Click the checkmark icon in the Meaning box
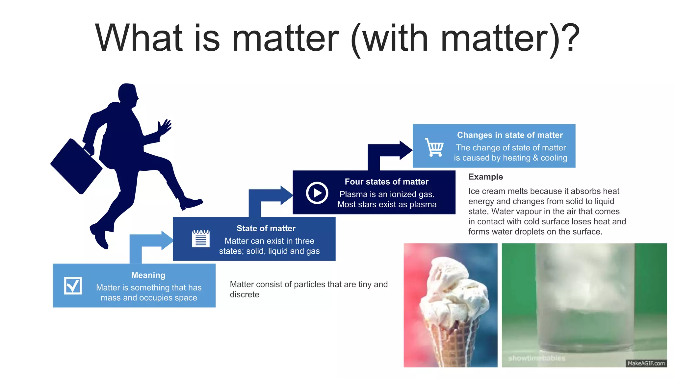pos(73,286)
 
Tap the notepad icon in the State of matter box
pos(201,239)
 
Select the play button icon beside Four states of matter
pos(317,193)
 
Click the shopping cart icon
pos(434,147)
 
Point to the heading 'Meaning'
pos(148,275)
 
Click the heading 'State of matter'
pos(266,228)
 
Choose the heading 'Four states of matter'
pos(386,182)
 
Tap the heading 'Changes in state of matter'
pos(510,135)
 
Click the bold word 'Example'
pos(485,177)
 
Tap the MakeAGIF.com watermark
pos(646,363)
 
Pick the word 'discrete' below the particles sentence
pos(244,294)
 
